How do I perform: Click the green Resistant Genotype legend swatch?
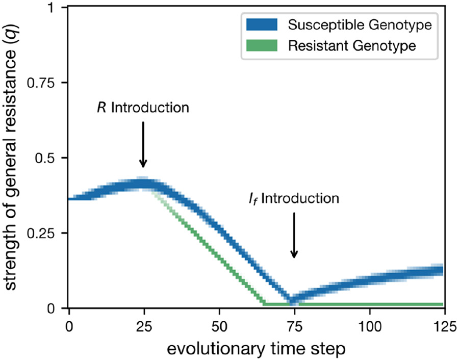pos(261,46)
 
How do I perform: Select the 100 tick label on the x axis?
pos(370,324)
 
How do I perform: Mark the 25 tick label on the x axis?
pos(144,324)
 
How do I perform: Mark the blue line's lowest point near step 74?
pos(291,300)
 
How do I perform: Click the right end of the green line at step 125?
pos(442,304)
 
